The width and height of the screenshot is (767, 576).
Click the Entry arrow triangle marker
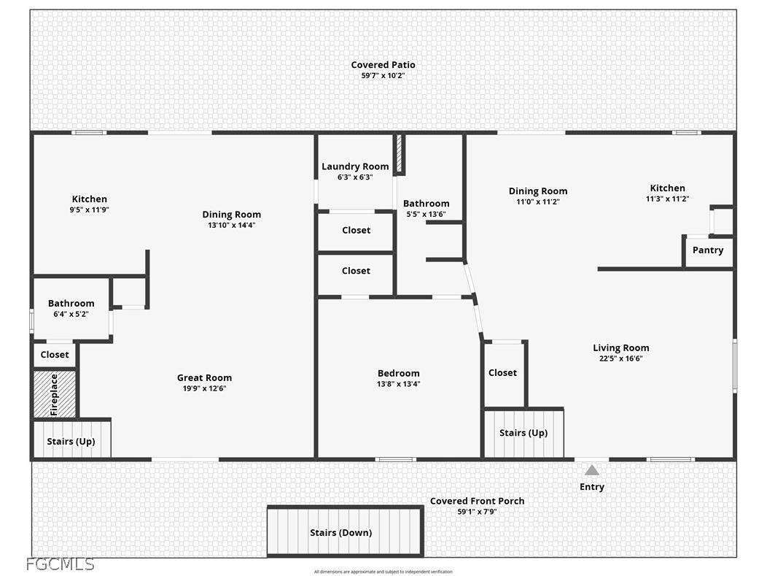pyautogui.click(x=592, y=470)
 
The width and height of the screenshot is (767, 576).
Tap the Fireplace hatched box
pyautogui.click(x=54, y=394)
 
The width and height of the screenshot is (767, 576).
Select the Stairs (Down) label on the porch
pyautogui.click(x=341, y=532)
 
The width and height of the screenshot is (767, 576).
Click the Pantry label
pyautogui.click(x=708, y=250)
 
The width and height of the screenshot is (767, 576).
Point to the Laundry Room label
pyautogui.click(x=355, y=166)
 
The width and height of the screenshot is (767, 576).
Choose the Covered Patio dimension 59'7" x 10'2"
pyautogui.click(x=383, y=75)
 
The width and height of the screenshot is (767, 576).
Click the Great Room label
pyautogui.click(x=204, y=377)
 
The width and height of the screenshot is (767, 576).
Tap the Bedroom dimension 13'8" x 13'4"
pyautogui.click(x=399, y=384)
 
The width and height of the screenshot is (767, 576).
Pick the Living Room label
pyautogui.click(x=621, y=347)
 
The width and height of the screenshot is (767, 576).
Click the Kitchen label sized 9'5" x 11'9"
pyautogui.click(x=90, y=199)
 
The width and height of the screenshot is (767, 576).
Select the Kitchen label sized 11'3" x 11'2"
pyautogui.click(x=668, y=188)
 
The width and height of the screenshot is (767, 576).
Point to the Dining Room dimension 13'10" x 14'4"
pyautogui.click(x=232, y=226)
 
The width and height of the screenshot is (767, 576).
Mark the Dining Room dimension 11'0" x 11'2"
pyautogui.click(x=538, y=201)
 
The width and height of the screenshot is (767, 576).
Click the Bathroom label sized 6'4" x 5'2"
pyautogui.click(x=71, y=303)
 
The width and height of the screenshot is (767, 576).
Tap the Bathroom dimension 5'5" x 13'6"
pyautogui.click(x=426, y=214)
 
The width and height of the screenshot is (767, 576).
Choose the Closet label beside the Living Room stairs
pyautogui.click(x=502, y=373)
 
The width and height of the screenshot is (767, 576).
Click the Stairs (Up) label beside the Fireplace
pyautogui.click(x=71, y=441)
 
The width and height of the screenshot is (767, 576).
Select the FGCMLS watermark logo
pyautogui.click(x=61, y=564)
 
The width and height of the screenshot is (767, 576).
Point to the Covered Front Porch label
pyautogui.click(x=478, y=501)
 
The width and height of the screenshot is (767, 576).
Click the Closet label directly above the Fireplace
pyautogui.click(x=55, y=355)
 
